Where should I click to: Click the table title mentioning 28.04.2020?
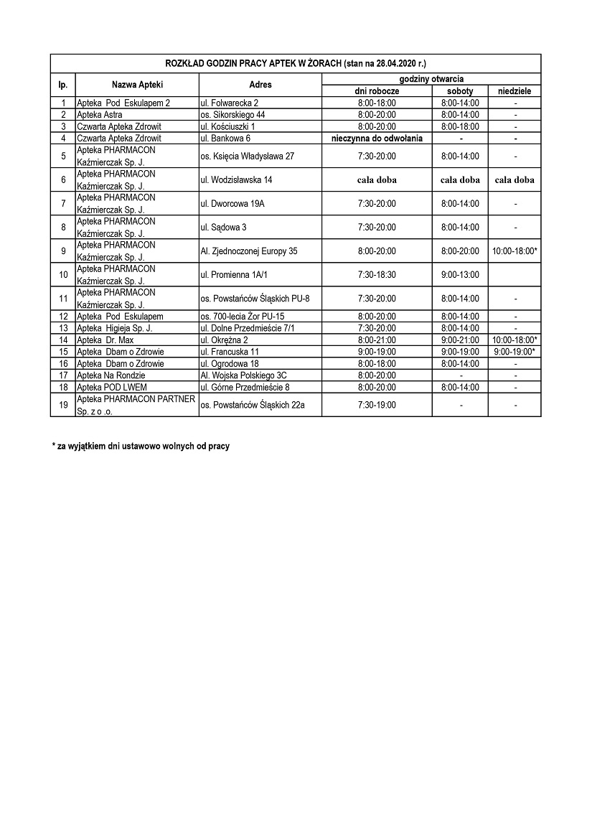295,63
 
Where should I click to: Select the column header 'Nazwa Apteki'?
137,85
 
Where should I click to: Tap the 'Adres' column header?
260,85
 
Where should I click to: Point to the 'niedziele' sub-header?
515,91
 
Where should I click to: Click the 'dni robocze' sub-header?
377,91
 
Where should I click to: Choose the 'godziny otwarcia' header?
431,78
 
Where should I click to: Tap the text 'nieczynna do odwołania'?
377,138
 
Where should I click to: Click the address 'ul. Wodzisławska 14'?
237,179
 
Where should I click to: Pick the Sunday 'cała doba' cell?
515,180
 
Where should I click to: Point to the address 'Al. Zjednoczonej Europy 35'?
249,251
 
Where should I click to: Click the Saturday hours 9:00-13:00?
460,275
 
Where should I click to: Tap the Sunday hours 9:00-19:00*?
515,352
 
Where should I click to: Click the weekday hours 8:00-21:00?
377,340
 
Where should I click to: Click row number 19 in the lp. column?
63,405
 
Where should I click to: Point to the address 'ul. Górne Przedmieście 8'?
245,387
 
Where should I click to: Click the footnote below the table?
141,446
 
